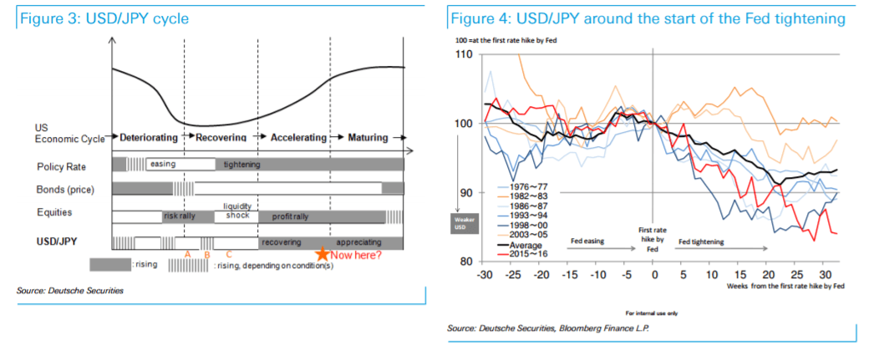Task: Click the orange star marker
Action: [323, 253]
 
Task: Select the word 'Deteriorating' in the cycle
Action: [149, 137]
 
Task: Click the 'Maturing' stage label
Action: [368, 137]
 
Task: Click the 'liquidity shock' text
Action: [237, 210]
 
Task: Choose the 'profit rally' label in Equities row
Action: [290, 216]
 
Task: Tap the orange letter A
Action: [188, 254]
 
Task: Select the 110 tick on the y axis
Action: [465, 55]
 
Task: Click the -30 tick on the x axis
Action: [485, 276]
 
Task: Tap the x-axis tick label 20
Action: [769, 276]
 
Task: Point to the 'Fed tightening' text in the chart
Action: [702, 241]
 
